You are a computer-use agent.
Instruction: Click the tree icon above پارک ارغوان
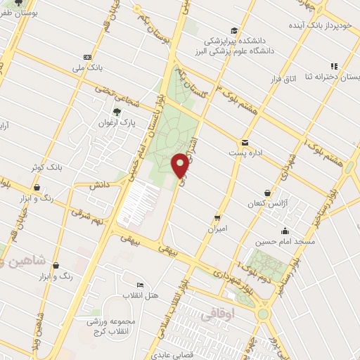[117, 111]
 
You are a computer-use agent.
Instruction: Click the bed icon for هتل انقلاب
[140, 284]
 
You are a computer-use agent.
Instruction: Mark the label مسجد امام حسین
[284, 241]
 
